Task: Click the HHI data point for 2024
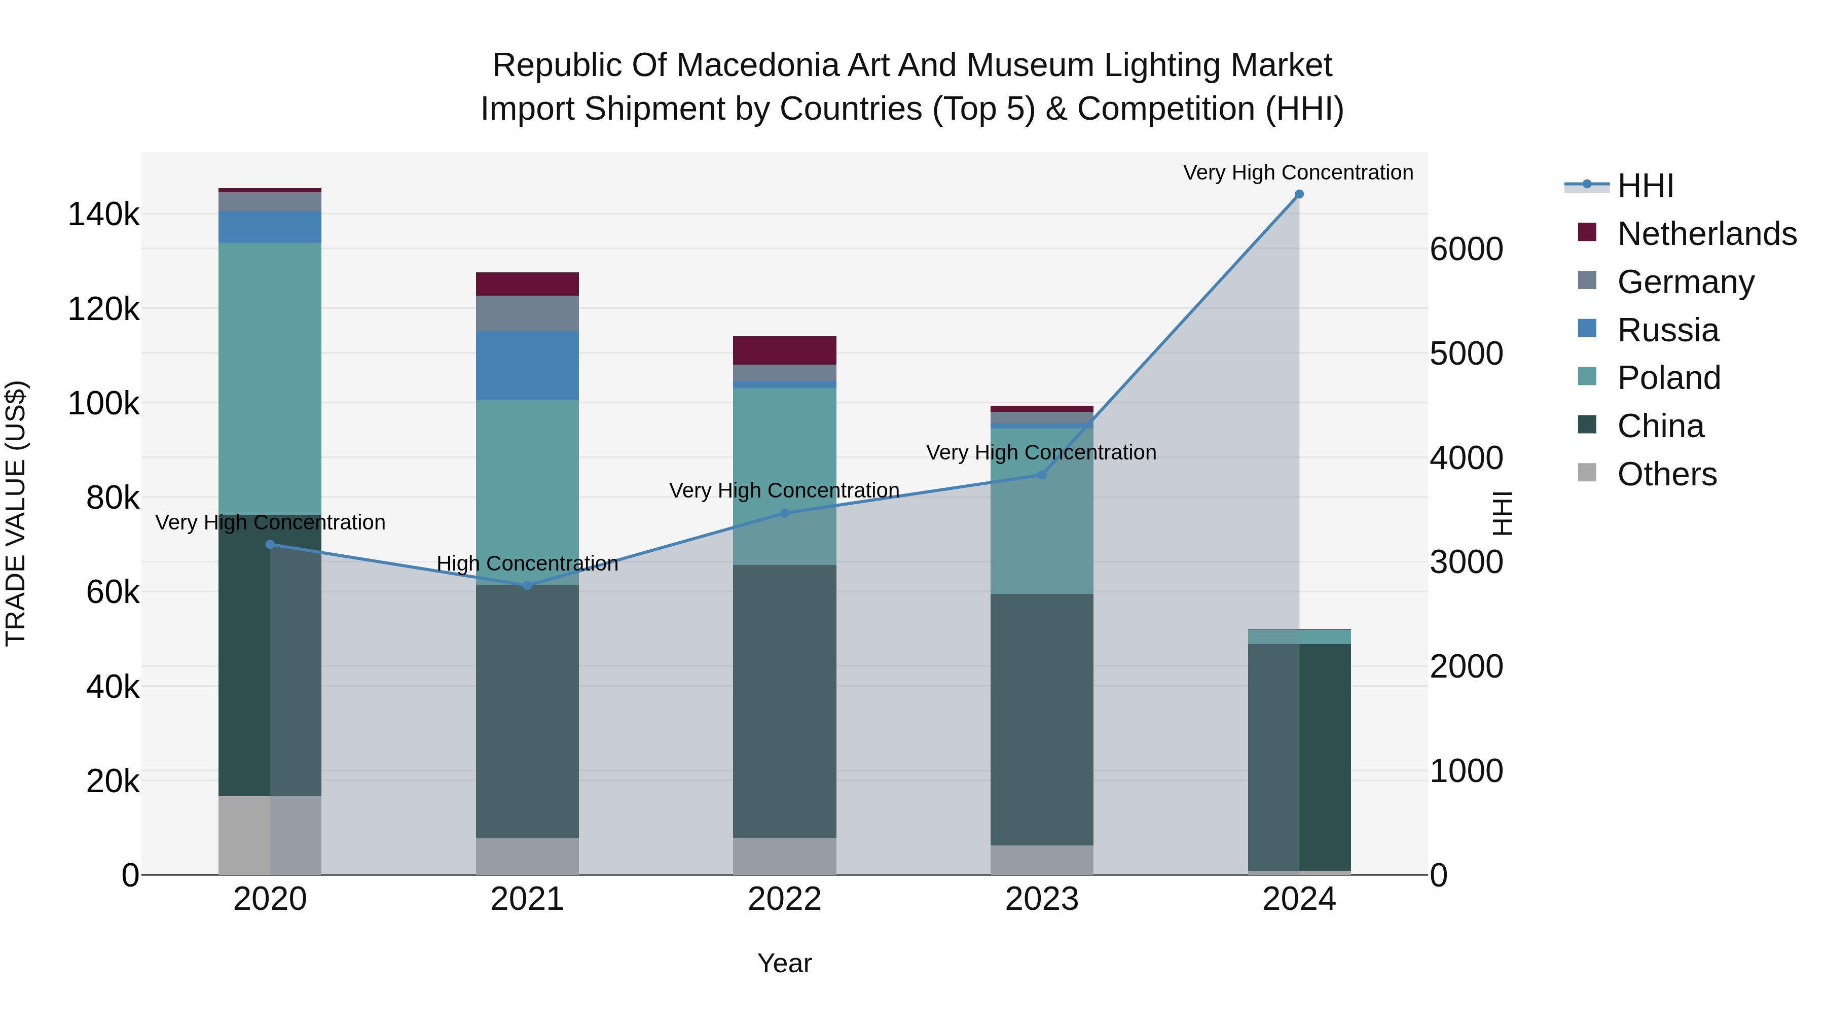pyautogui.click(x=1299, y=194)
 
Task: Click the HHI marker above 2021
pyautogui.click(x=527, y=585)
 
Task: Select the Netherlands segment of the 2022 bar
pyautogui.click(x=784, y=350)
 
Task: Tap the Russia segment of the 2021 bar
pyautogui.click(x=527, y=365)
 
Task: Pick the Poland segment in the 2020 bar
pyautogui.click(x=269, y=378)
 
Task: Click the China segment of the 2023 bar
pyautogui.click(x=1041, y=719)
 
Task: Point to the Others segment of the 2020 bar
pyautogui.click(x=269, y=835)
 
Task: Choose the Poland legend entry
pyautogui.click(x=1668, y=378)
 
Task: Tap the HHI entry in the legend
pyautogui.click(x=1645, y=186)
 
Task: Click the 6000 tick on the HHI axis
pyautogui.click(x=1465, y=250)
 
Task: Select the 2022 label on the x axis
pyautogui.click(x=784, y=899)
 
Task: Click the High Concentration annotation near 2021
pyautogui.click(x=527, y=563)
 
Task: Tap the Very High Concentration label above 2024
pyautogui.click(x=1298, y=172)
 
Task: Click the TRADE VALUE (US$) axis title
pyautogui.click(x=16, y=513)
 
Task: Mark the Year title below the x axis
pyautogui.click(x=784, y=963)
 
